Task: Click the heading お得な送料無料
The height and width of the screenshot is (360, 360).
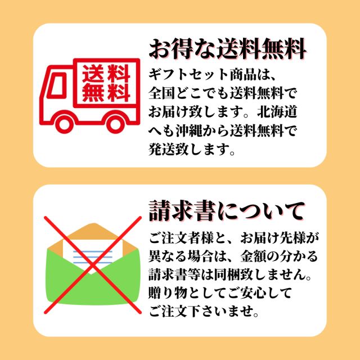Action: coord(227,49)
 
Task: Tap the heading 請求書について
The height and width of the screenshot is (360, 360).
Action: coord(227,211)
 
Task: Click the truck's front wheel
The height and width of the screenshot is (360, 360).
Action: coord(65,124)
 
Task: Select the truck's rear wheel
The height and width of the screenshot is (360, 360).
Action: coord(115,124)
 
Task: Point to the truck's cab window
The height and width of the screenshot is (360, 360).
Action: coord(57,84)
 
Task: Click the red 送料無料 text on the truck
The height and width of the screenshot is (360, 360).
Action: coord(106,83)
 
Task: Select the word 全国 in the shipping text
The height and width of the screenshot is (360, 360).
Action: coord(161,94)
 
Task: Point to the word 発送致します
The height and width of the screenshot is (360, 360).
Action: coord(188,150)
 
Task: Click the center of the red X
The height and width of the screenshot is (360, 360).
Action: coord(92,265)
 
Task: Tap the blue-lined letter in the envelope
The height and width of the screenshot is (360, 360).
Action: coord(92,256)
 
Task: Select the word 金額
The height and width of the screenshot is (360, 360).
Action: coord(253,256)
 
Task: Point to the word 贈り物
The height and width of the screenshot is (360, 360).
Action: coord(168,294)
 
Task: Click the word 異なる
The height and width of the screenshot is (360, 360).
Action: coord(168,256)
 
